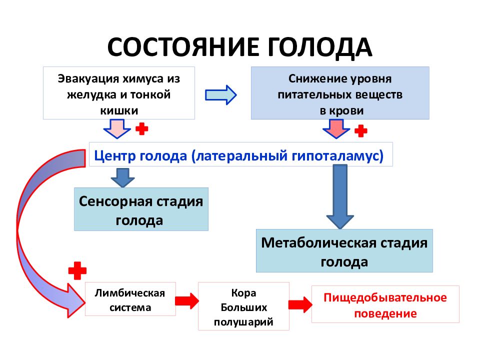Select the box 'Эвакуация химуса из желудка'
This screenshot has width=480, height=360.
tap(119, 93)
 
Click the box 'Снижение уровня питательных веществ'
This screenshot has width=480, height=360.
tap(340, 93)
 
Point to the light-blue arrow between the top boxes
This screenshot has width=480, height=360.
tap(220, 95)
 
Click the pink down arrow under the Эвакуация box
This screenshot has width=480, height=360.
tap(117, 128)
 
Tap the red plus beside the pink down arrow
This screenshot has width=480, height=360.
tap(141, 129)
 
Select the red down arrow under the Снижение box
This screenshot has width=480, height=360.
tap(336, 128)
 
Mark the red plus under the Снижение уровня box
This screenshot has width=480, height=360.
tap(361, 130)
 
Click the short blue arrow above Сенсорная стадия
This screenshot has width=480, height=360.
tap(123, 177)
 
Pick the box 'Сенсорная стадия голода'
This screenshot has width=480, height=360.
tap(141, 209)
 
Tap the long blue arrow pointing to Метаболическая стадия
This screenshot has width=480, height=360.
tap(340, 196)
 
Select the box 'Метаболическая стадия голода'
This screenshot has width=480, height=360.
tap(344, 250)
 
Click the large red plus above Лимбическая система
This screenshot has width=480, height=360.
tap(77, 270)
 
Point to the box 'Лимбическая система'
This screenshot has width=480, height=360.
tap(130, 299)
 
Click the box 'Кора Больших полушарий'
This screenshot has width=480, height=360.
tap(243, 306)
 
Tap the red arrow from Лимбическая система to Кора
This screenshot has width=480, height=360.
tap(187, 301)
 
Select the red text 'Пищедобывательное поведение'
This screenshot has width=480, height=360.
tap(385, 304)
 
